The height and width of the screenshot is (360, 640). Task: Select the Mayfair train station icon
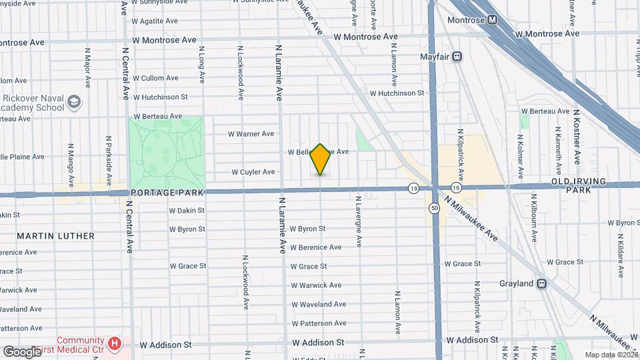click(x=458, y=57)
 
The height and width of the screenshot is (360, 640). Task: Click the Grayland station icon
click(x=542, y=283)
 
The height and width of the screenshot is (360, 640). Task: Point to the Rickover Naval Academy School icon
click(x=74, y=102)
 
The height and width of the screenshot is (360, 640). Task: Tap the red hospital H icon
click(x=115, y=344)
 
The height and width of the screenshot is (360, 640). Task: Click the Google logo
click(x=22, y=351)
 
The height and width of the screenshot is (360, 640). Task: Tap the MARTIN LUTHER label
click(x=56, y=236)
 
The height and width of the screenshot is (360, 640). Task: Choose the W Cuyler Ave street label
click(x=253, y=172)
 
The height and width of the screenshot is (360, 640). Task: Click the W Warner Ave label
click(x=251, y=134)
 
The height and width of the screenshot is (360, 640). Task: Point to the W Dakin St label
click(x=187, y=210)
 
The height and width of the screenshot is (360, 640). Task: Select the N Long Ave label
click(x=201, y=67)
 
